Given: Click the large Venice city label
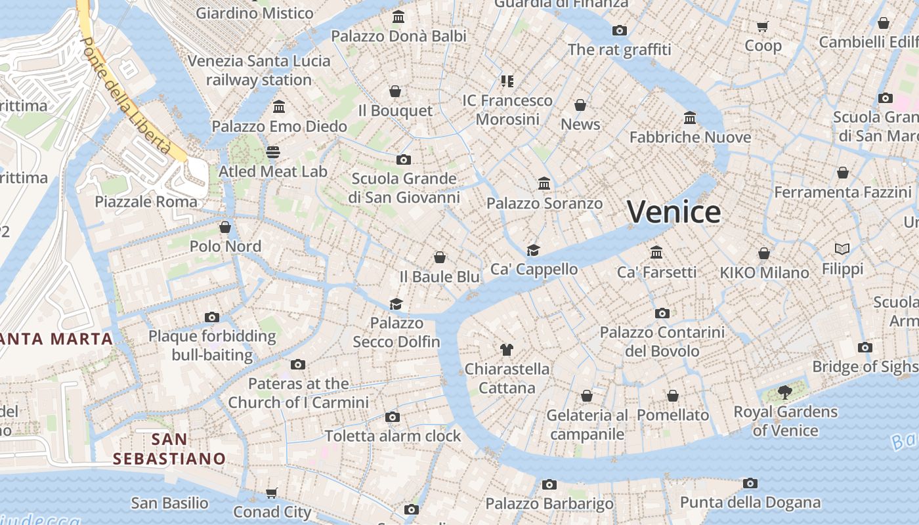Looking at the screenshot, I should point(673,212).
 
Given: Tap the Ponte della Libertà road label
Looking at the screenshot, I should point(124,95).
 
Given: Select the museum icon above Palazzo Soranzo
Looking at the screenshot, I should point(544,183).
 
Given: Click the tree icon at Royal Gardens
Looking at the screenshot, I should point(784,392).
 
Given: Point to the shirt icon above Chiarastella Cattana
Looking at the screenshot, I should point(506,349).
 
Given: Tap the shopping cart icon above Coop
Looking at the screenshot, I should point(762,26).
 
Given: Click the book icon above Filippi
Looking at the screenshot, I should point(842,249).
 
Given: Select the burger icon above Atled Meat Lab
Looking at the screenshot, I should point(273,152).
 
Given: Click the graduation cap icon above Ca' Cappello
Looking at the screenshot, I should point(533,250).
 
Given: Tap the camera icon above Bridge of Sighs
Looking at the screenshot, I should point(865,347).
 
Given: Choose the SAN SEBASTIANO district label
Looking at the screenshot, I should point(169,449).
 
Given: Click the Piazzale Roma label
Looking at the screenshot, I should point(146,201).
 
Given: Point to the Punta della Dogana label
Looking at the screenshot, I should point(750,503).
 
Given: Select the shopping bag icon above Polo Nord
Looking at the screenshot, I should point(225,227).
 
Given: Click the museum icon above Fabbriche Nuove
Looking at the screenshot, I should point(690,117).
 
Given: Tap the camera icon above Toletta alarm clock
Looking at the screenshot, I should point(393,417).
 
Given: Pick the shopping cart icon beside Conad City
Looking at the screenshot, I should point(272,493).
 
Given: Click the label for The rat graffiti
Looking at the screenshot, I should point(619,50).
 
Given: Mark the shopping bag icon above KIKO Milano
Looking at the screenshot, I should point(764,253).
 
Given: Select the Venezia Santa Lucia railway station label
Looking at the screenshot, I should point(259,70).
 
